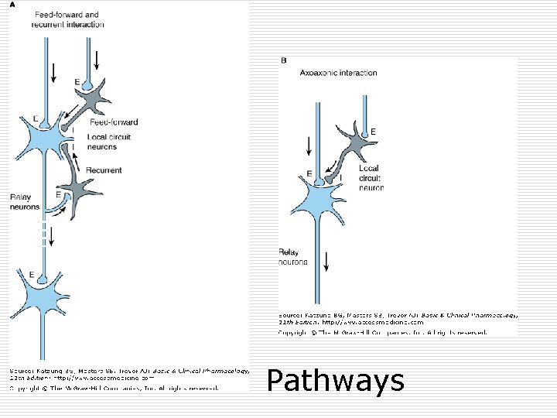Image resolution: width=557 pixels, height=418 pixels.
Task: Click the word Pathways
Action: pos(335,381)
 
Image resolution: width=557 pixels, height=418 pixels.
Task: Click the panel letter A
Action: pos(12,4)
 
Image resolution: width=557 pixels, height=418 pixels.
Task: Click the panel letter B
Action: pos(283,59)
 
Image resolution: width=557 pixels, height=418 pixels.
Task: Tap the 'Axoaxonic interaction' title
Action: pos(338,73)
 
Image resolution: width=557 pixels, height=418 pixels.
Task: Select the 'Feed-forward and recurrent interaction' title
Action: pos(65,19)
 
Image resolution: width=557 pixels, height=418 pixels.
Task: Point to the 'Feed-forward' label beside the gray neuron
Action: pos(114,122)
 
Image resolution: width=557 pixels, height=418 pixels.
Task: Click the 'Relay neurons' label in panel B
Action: pos(293,257)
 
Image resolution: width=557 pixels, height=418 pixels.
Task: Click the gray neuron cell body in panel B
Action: pos(358,146)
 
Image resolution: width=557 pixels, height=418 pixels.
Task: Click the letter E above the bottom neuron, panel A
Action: pos(30,273)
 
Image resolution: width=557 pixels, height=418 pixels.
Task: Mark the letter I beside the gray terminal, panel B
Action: pos(342,177)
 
